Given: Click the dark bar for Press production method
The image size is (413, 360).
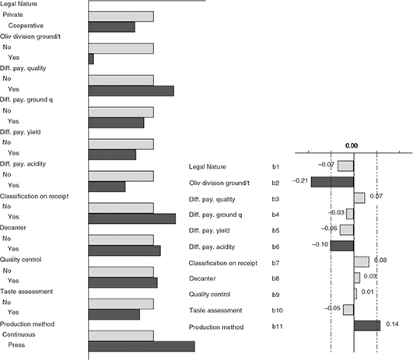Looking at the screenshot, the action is click(x=142, y=347).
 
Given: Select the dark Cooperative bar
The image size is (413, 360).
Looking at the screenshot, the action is click(x=112, y=27).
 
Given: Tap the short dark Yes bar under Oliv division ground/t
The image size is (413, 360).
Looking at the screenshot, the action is click(x=91, y=59).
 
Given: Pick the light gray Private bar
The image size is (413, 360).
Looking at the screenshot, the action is click(x=121, y=16).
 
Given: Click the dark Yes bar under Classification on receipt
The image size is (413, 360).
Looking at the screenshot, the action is click(x=132, y=218).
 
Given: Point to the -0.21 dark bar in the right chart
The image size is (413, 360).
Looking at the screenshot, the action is click(x=332, y=182).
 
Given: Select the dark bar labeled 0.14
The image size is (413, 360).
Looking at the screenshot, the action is click(x=367, y=326).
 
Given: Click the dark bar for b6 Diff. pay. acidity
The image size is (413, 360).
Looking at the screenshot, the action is click(x=342, y=246).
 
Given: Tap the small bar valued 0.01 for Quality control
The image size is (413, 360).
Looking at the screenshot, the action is click(x=355, y=294).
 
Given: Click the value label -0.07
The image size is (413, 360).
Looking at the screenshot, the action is click(x=326, y=165).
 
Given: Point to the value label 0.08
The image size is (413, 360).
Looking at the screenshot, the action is click(x=380, y=260).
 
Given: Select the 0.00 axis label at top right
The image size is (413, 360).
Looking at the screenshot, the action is click(x=352, y=146).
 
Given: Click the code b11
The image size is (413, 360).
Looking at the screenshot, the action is click(x=278, y=327).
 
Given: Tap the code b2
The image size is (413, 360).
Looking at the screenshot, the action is click(x=276, y=183).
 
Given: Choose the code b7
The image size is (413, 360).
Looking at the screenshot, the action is click(x=276, y=263).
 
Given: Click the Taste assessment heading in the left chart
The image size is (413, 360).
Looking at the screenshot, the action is click(x=26, y=292).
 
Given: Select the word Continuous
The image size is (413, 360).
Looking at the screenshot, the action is click(x=19, y=334).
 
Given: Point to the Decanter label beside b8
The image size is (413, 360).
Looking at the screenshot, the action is click(x=202, y=278).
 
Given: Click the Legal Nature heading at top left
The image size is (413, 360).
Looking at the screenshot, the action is click(x=19, y=4).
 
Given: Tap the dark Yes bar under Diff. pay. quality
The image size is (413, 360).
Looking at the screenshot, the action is click(x=131, y=91).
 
